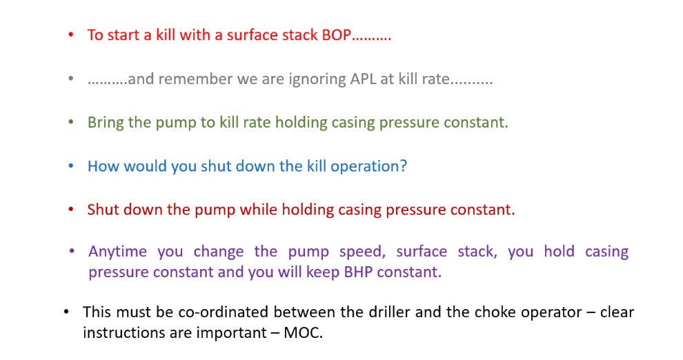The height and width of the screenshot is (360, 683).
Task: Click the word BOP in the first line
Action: coord(336,34)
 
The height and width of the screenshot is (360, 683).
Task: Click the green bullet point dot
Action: coord(71,122)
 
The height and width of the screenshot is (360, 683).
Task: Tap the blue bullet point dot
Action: coord(71,166)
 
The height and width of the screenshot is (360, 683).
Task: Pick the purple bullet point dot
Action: coord(72,251)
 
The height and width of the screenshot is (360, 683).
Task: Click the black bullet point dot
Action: coord(66,312)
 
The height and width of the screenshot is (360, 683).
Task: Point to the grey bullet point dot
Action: coord(71,79)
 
